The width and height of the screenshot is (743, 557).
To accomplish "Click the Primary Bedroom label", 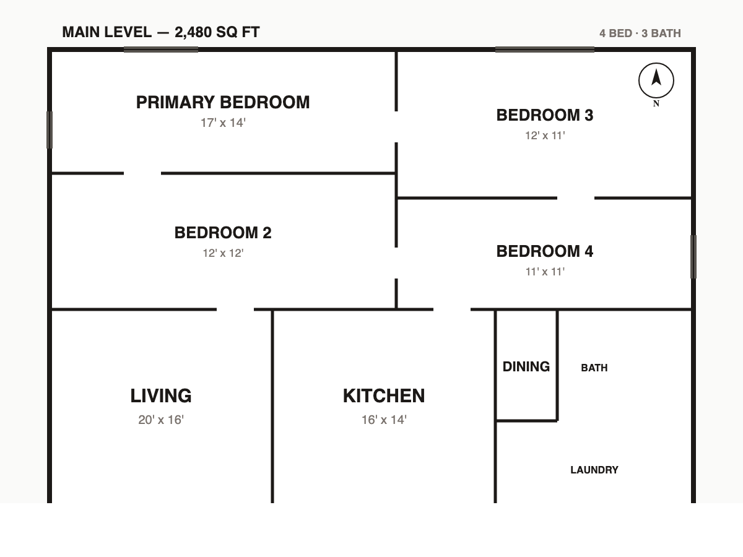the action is (223, 102).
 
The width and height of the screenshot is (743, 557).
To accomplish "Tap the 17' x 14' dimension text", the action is (223, 123).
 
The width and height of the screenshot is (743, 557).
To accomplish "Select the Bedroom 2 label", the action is (223, 233).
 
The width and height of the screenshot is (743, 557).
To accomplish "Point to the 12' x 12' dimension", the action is (223, 253).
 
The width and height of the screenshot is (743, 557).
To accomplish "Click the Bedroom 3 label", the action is (545, 115).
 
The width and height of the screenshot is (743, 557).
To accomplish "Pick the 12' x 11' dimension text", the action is (545, 136).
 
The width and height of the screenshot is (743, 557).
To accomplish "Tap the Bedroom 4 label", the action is (545, 251).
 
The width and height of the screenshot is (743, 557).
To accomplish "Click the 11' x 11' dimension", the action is (545, 272).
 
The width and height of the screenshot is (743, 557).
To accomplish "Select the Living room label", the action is (161, 395).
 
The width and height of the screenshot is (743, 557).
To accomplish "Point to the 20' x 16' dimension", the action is (161, 420).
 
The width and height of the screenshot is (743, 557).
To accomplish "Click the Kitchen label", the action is (384, 395).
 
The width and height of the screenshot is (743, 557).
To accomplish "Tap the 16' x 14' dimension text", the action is (384, 420).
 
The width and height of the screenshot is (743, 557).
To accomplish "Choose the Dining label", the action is (526, 366).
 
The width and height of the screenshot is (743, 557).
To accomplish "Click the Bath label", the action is (594, 368).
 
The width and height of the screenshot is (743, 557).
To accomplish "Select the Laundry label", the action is (594, 470).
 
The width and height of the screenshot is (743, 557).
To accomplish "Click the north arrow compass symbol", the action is (656, 81).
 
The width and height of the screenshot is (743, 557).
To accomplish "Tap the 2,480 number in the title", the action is (193, 32).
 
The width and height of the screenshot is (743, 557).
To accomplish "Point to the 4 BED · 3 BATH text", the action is (640, 33).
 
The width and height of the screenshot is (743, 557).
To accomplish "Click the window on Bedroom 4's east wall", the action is (693, 257).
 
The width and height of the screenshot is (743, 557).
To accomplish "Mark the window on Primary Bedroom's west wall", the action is (50, 130).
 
